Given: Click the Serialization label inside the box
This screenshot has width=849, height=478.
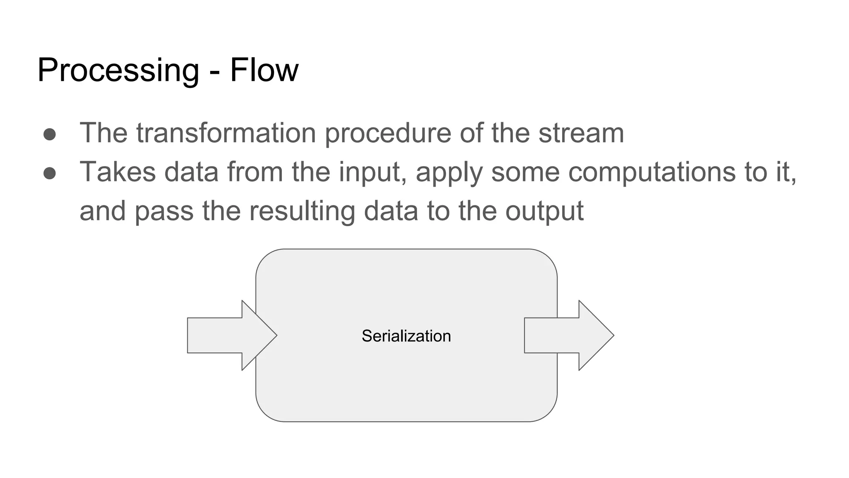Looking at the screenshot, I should (x=406, y=336).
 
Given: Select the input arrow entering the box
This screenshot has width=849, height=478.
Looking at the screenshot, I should (x=224, y=335).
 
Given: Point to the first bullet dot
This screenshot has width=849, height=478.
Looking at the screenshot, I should (x=50, y=134).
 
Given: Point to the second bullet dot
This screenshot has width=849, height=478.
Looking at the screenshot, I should (x=50, y=173).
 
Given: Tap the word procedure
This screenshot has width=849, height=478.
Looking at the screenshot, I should (x=388, y=134).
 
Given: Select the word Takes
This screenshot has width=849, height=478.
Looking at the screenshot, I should (x=118, y=171).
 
